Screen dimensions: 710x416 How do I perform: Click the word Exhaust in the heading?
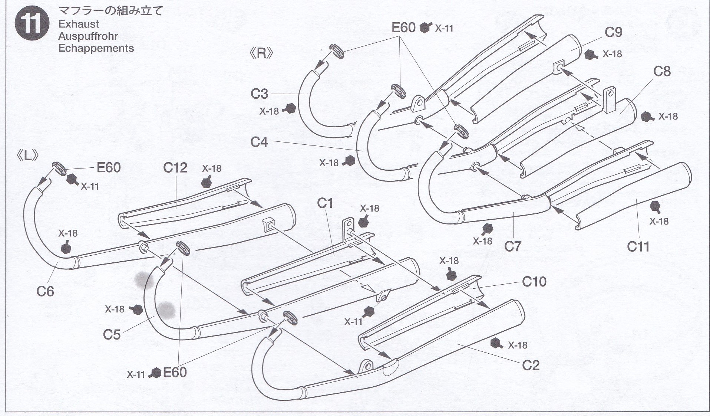click(79, 24)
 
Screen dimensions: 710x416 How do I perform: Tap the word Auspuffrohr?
click(88, 36)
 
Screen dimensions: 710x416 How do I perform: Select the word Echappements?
click(96, 48)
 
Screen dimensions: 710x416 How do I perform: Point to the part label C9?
click(613, 33)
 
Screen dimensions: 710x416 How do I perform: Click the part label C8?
click(662, 71)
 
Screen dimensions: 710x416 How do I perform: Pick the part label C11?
click(638, 246)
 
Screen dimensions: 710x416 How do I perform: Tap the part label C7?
click(513, 246)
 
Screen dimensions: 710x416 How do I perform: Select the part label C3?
click(259, 94)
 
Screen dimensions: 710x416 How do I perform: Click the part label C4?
click(259, 142)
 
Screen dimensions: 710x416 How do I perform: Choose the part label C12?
click(175, 168)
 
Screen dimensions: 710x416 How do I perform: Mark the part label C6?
click(45, 292)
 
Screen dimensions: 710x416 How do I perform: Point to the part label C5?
click(112, 335)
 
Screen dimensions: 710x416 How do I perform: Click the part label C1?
click(325, 203)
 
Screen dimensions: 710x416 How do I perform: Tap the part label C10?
click(534, 282)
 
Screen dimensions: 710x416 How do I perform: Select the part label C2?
click(531, 366)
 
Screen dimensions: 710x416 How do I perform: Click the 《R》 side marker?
click(262, 54)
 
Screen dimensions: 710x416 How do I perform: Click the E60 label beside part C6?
click(109, 168)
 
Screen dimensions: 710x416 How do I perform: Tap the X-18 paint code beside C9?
click(612, 54)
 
